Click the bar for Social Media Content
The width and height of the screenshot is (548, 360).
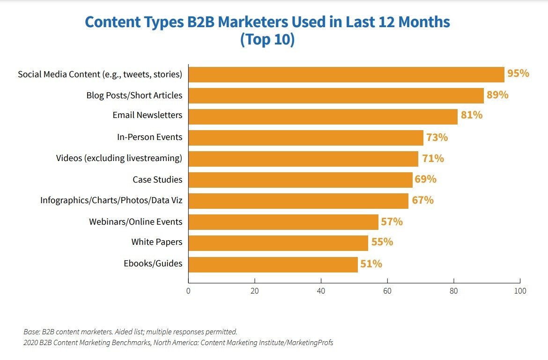point(346,74)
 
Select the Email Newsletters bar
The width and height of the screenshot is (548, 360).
point(323,117)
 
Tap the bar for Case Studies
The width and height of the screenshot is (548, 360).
point(300,180)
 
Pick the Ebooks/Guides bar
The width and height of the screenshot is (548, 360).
point(273,264)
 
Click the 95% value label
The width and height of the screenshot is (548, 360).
point(518,73)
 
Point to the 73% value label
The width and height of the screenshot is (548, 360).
point(437,138)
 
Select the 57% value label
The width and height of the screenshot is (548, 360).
point(392,221)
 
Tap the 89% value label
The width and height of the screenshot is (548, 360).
point(497,95)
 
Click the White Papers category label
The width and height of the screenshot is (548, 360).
point(156,242)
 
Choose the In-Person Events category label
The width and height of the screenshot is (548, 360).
point(149,138)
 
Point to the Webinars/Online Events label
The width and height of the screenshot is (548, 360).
point(136,221)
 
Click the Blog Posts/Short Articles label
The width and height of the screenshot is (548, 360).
point(134,96)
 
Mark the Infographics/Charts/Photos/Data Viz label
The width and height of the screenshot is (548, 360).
point(111,200)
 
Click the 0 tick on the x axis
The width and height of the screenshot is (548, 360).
point(188,291)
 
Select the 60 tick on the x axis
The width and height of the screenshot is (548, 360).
point(387,291)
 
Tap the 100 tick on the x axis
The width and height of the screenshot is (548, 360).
point(520,291)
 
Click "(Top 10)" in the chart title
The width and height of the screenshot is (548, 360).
point(267,40)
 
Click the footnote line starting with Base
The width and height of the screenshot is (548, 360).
point(130,331)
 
